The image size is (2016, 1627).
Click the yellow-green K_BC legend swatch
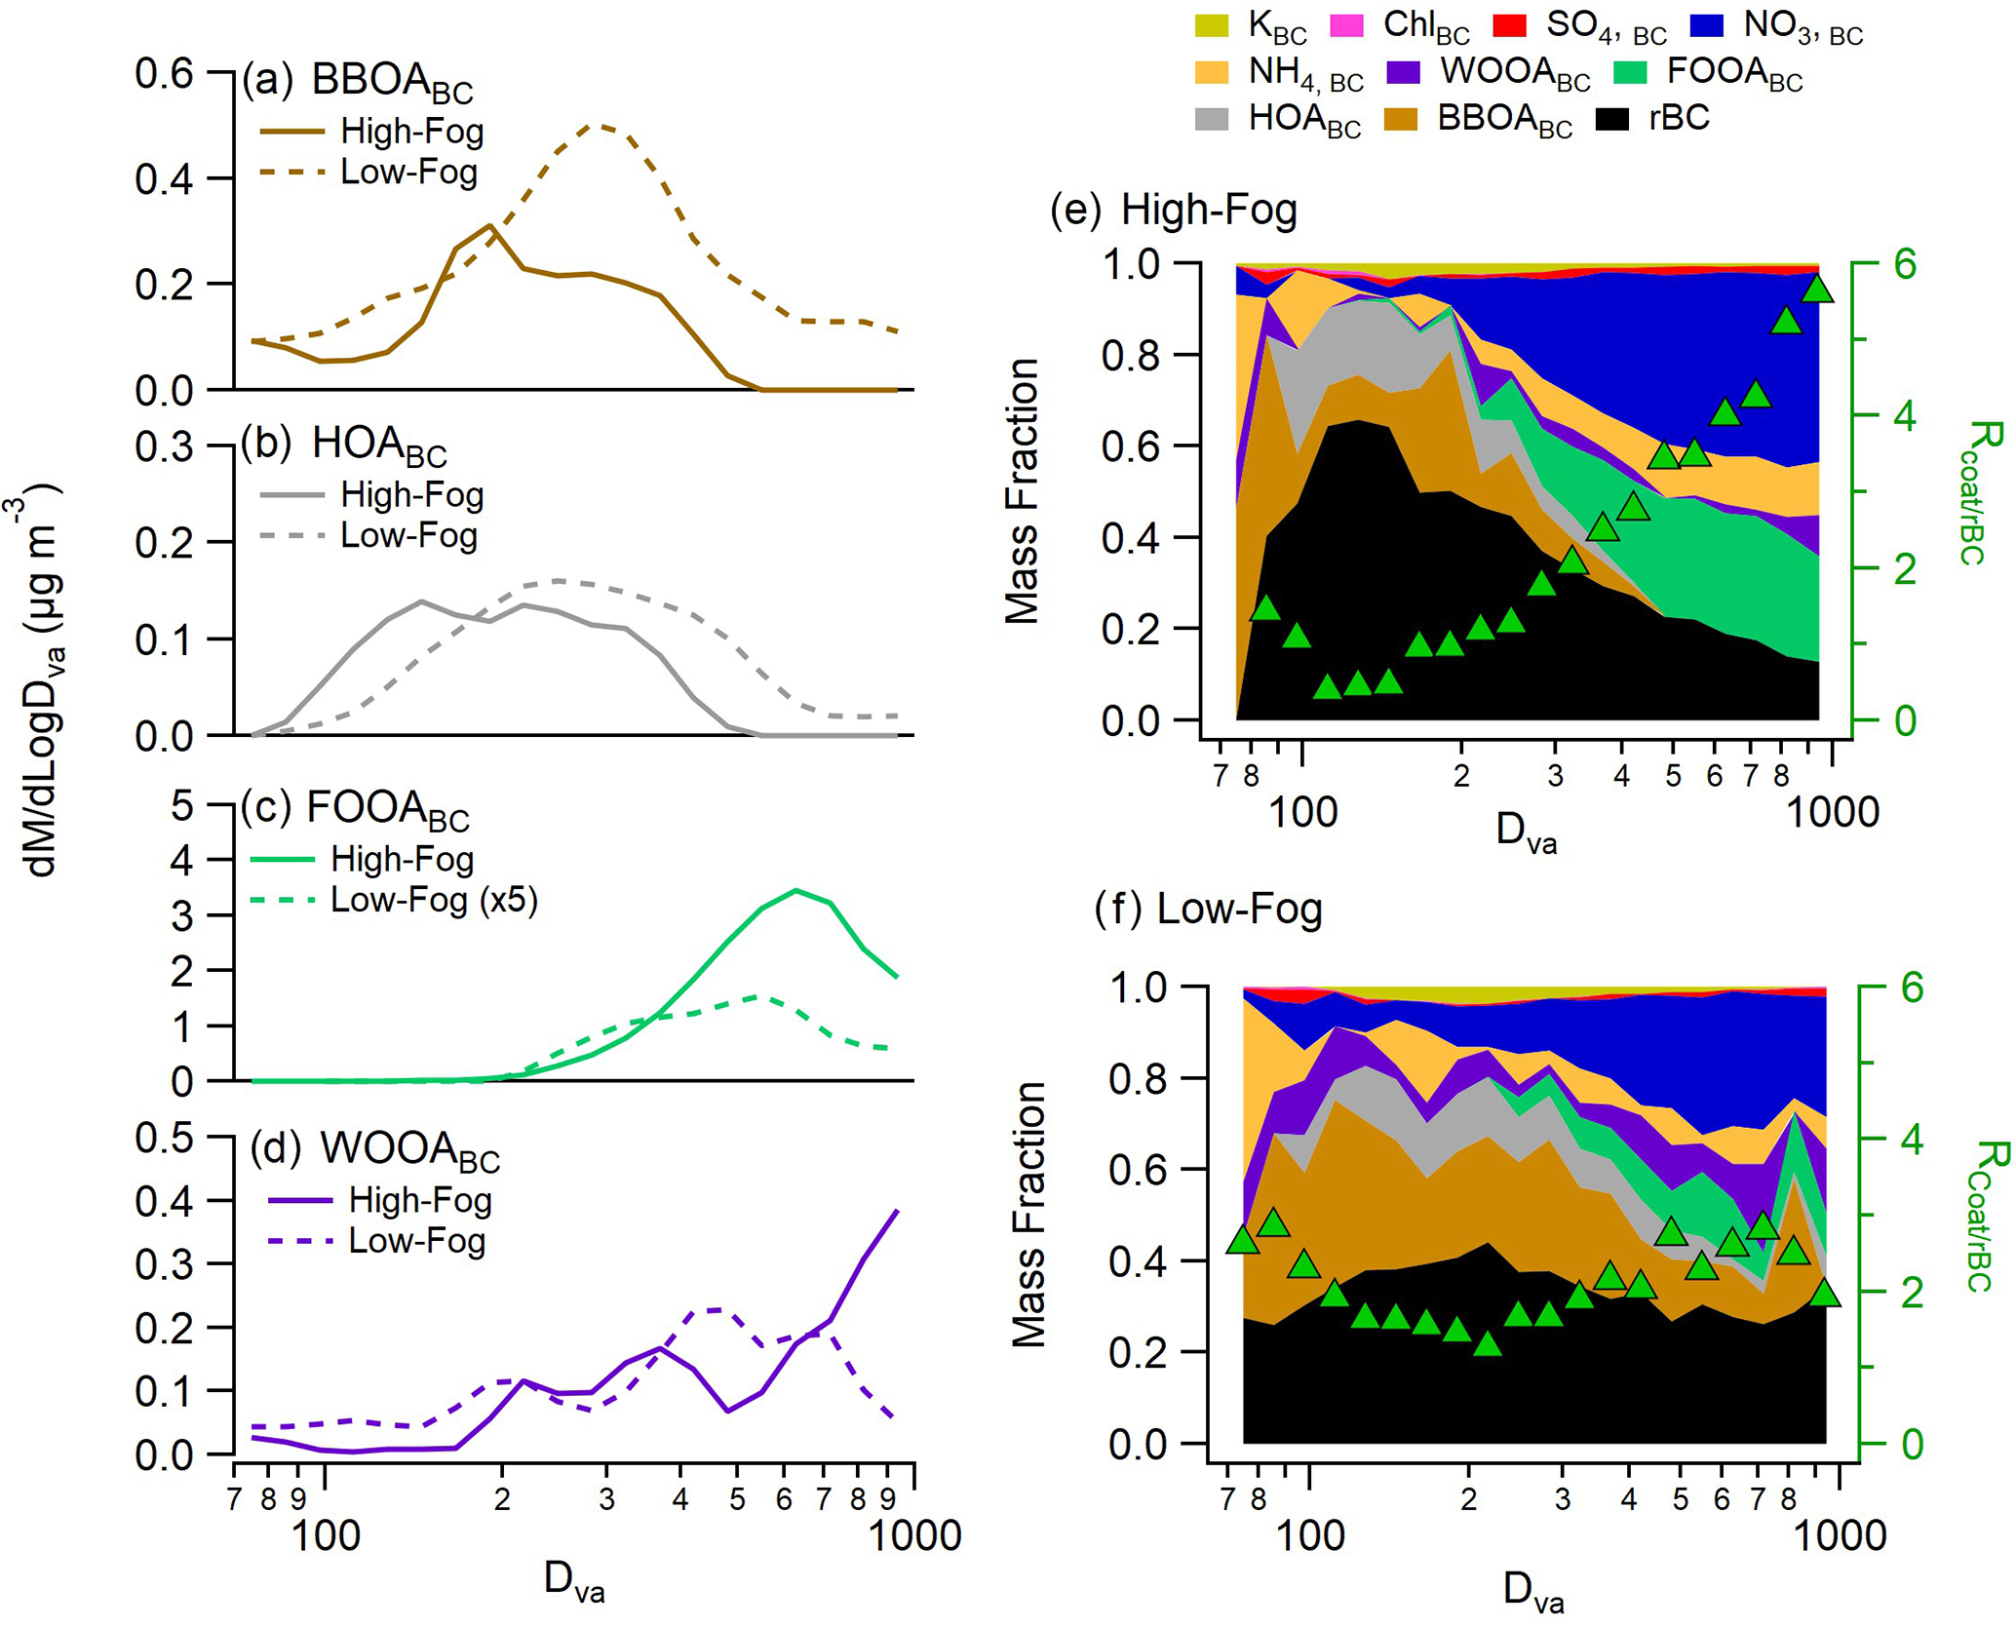point(1212,26)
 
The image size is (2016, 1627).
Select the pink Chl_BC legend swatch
point(1347,26)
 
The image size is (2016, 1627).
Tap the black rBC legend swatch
point(1612,119)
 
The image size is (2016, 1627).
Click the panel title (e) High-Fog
point(1174,210)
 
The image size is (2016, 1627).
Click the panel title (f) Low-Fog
point(1208,910)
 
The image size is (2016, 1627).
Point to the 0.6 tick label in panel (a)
point(164,74)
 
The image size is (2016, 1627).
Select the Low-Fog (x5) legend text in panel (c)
point(434,900)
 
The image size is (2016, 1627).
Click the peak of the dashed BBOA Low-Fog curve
point(601,125)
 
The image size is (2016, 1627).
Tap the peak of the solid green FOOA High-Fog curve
point(796,890)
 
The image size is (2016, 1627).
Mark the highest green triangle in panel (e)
point(1817,290)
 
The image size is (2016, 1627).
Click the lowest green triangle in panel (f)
point(1487,1344)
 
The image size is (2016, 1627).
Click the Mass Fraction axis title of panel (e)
point(1022,490)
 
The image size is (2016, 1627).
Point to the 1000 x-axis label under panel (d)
point(913,1536)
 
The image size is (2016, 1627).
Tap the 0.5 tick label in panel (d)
point(164,1138)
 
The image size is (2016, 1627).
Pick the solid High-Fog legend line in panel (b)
point(291,495)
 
